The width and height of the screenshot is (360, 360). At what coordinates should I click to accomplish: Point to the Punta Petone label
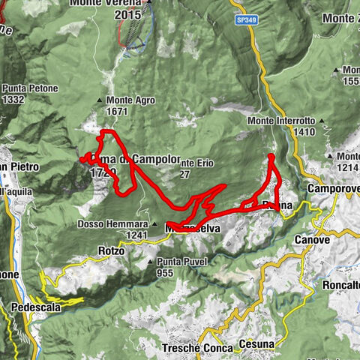coord(28,88)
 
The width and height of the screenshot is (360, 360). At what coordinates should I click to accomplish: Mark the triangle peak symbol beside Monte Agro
coord(100,100)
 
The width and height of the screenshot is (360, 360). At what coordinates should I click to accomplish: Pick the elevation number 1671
coord(118,110)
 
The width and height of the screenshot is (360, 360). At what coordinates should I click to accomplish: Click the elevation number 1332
coord(15,98)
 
